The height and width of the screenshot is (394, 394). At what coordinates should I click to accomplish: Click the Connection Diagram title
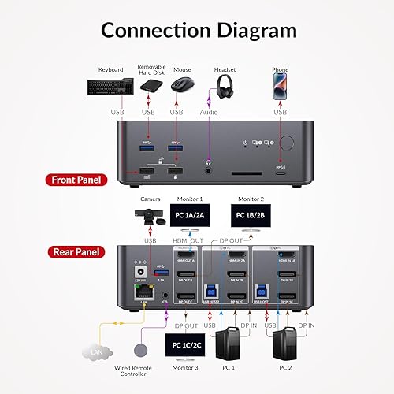197,31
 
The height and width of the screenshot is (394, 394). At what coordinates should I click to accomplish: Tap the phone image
281,87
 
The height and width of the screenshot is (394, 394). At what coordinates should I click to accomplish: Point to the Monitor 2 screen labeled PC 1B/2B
251,214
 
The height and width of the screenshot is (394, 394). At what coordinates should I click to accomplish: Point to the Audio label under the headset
208,113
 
